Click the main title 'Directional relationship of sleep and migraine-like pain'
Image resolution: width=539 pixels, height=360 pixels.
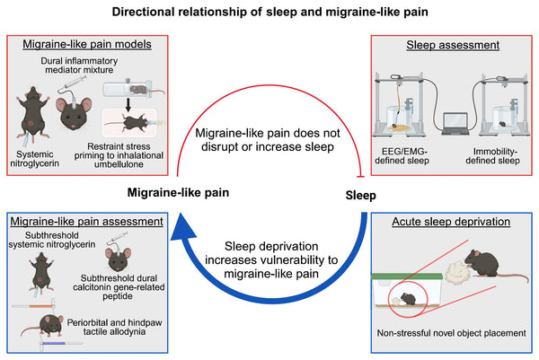[x=269, y=14]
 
